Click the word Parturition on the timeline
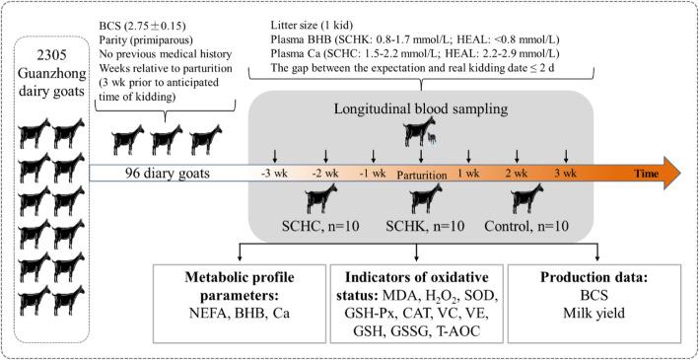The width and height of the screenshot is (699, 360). click(x=423, y=172)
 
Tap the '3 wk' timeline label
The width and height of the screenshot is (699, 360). click(x=566, y=171)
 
